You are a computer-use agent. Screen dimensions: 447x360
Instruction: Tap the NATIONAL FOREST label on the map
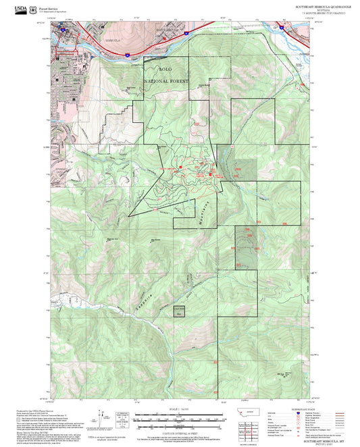point(168,80)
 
